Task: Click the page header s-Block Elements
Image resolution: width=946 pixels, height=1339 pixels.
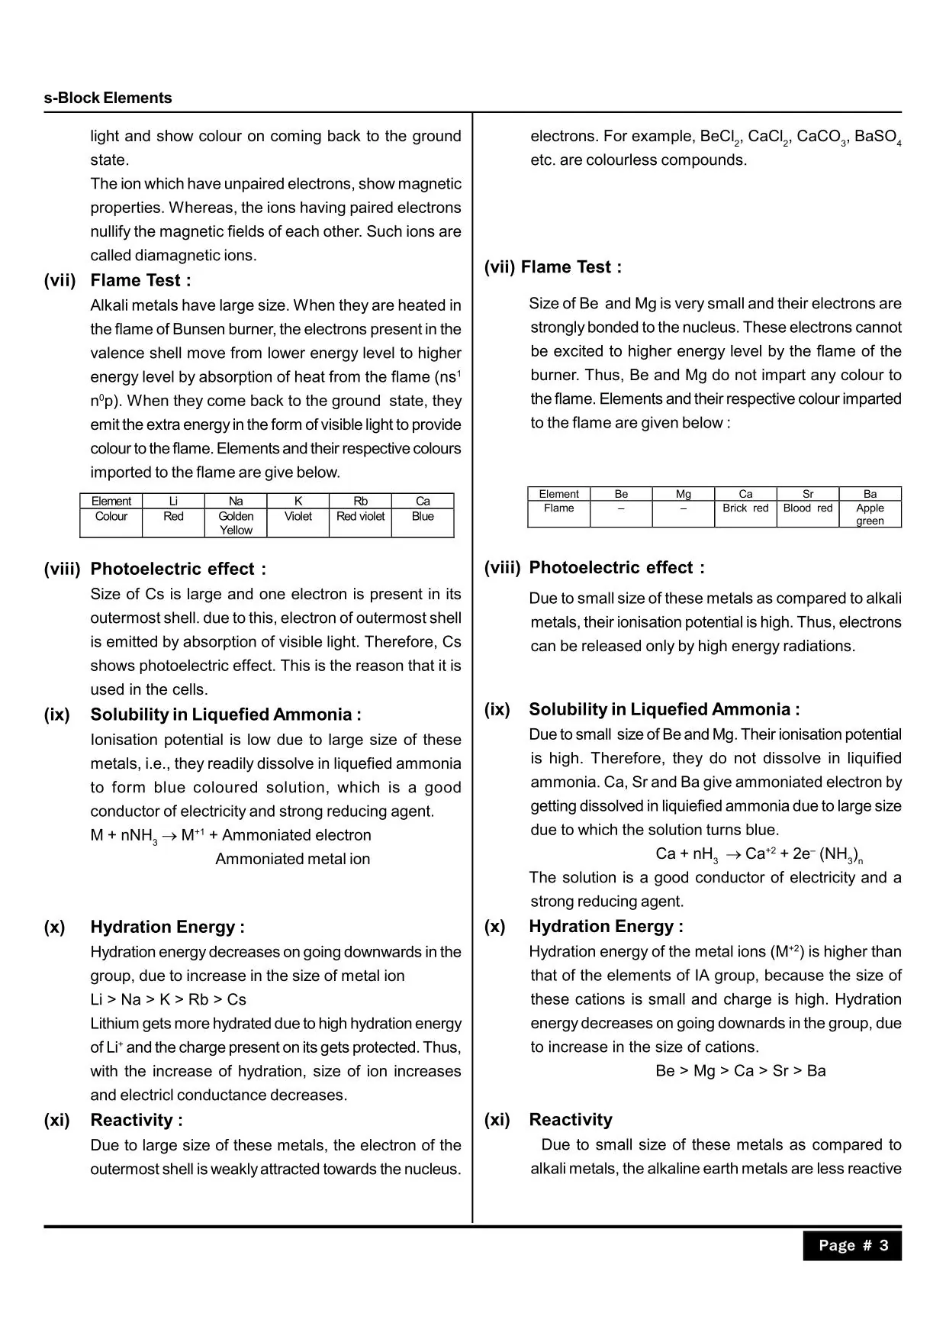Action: tap(108, 98)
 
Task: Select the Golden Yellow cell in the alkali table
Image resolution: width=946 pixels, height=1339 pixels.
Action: tap(236, 523)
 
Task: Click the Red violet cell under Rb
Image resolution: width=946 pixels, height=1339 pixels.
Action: tap(360, 516)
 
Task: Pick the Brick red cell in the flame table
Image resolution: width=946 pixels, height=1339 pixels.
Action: tap(745, 508)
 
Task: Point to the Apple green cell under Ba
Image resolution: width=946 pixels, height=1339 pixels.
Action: tap(870, 514)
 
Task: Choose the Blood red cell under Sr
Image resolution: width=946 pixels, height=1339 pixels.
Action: tap(808, 508)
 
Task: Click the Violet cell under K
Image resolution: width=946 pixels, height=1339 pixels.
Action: tap(298, 516)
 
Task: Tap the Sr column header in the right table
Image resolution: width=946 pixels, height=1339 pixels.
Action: tap(808, 494)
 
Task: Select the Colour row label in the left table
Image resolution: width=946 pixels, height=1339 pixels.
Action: tap(111, 516)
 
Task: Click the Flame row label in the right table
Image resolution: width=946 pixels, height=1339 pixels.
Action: tap(558, 508)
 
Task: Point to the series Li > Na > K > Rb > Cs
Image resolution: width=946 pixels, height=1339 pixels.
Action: tap(168, 999)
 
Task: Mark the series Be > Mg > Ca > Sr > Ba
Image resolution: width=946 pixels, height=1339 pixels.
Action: tap(740, 1070)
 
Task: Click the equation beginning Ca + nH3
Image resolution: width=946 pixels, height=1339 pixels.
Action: tap(758, 854)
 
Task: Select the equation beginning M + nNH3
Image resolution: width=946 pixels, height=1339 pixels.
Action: tap(230, 835)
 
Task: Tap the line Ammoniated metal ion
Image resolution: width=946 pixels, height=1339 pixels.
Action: tap(292, 859)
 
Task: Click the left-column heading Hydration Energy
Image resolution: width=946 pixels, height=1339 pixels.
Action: tap(167, 927)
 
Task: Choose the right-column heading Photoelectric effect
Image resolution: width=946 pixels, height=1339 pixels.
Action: tap(616, 567)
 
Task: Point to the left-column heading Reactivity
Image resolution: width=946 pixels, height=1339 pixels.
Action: tap(136, 1120)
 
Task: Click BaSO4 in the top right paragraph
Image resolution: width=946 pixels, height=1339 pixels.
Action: tap(877, 137)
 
